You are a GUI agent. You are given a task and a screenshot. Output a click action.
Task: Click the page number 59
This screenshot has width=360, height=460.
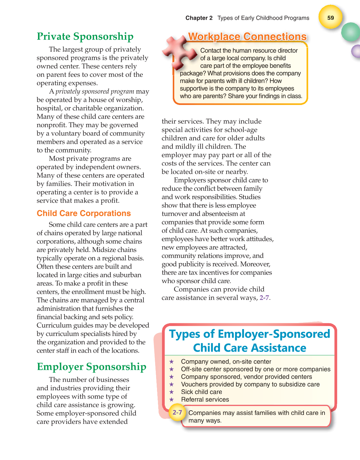pos(330,18)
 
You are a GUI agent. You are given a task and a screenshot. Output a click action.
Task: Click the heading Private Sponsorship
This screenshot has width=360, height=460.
pos(85,36)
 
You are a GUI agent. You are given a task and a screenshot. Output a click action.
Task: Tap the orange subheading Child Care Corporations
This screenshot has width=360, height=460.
pos(84,213)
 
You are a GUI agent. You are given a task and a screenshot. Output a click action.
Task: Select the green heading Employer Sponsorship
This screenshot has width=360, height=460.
pos(91,367)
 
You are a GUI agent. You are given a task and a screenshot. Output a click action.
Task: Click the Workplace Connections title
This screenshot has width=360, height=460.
pos(247,37)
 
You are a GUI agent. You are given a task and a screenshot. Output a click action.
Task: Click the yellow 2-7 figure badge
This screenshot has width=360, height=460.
pos(177,412)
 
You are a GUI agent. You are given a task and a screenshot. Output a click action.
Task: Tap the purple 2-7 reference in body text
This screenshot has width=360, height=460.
pos(264,298)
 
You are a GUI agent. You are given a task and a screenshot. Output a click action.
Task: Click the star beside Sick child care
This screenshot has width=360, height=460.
pos(172,392)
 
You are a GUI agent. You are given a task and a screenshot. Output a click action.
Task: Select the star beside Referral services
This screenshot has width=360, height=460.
pos(172,399)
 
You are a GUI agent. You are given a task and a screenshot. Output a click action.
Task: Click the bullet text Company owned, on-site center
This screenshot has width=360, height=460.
pos(226,362)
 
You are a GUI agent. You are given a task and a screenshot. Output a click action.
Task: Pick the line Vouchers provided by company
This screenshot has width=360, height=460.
pos(250,384)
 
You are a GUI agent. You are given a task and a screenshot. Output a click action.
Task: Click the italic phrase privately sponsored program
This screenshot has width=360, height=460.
pos(95,92)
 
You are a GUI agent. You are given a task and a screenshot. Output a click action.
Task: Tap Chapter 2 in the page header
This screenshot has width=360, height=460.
pos(199,18)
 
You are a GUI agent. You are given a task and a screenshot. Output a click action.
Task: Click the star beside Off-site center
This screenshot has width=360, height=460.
pos(172,369)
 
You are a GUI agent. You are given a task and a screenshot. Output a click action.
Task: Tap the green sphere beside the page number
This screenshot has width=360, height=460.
pos(351,32)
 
